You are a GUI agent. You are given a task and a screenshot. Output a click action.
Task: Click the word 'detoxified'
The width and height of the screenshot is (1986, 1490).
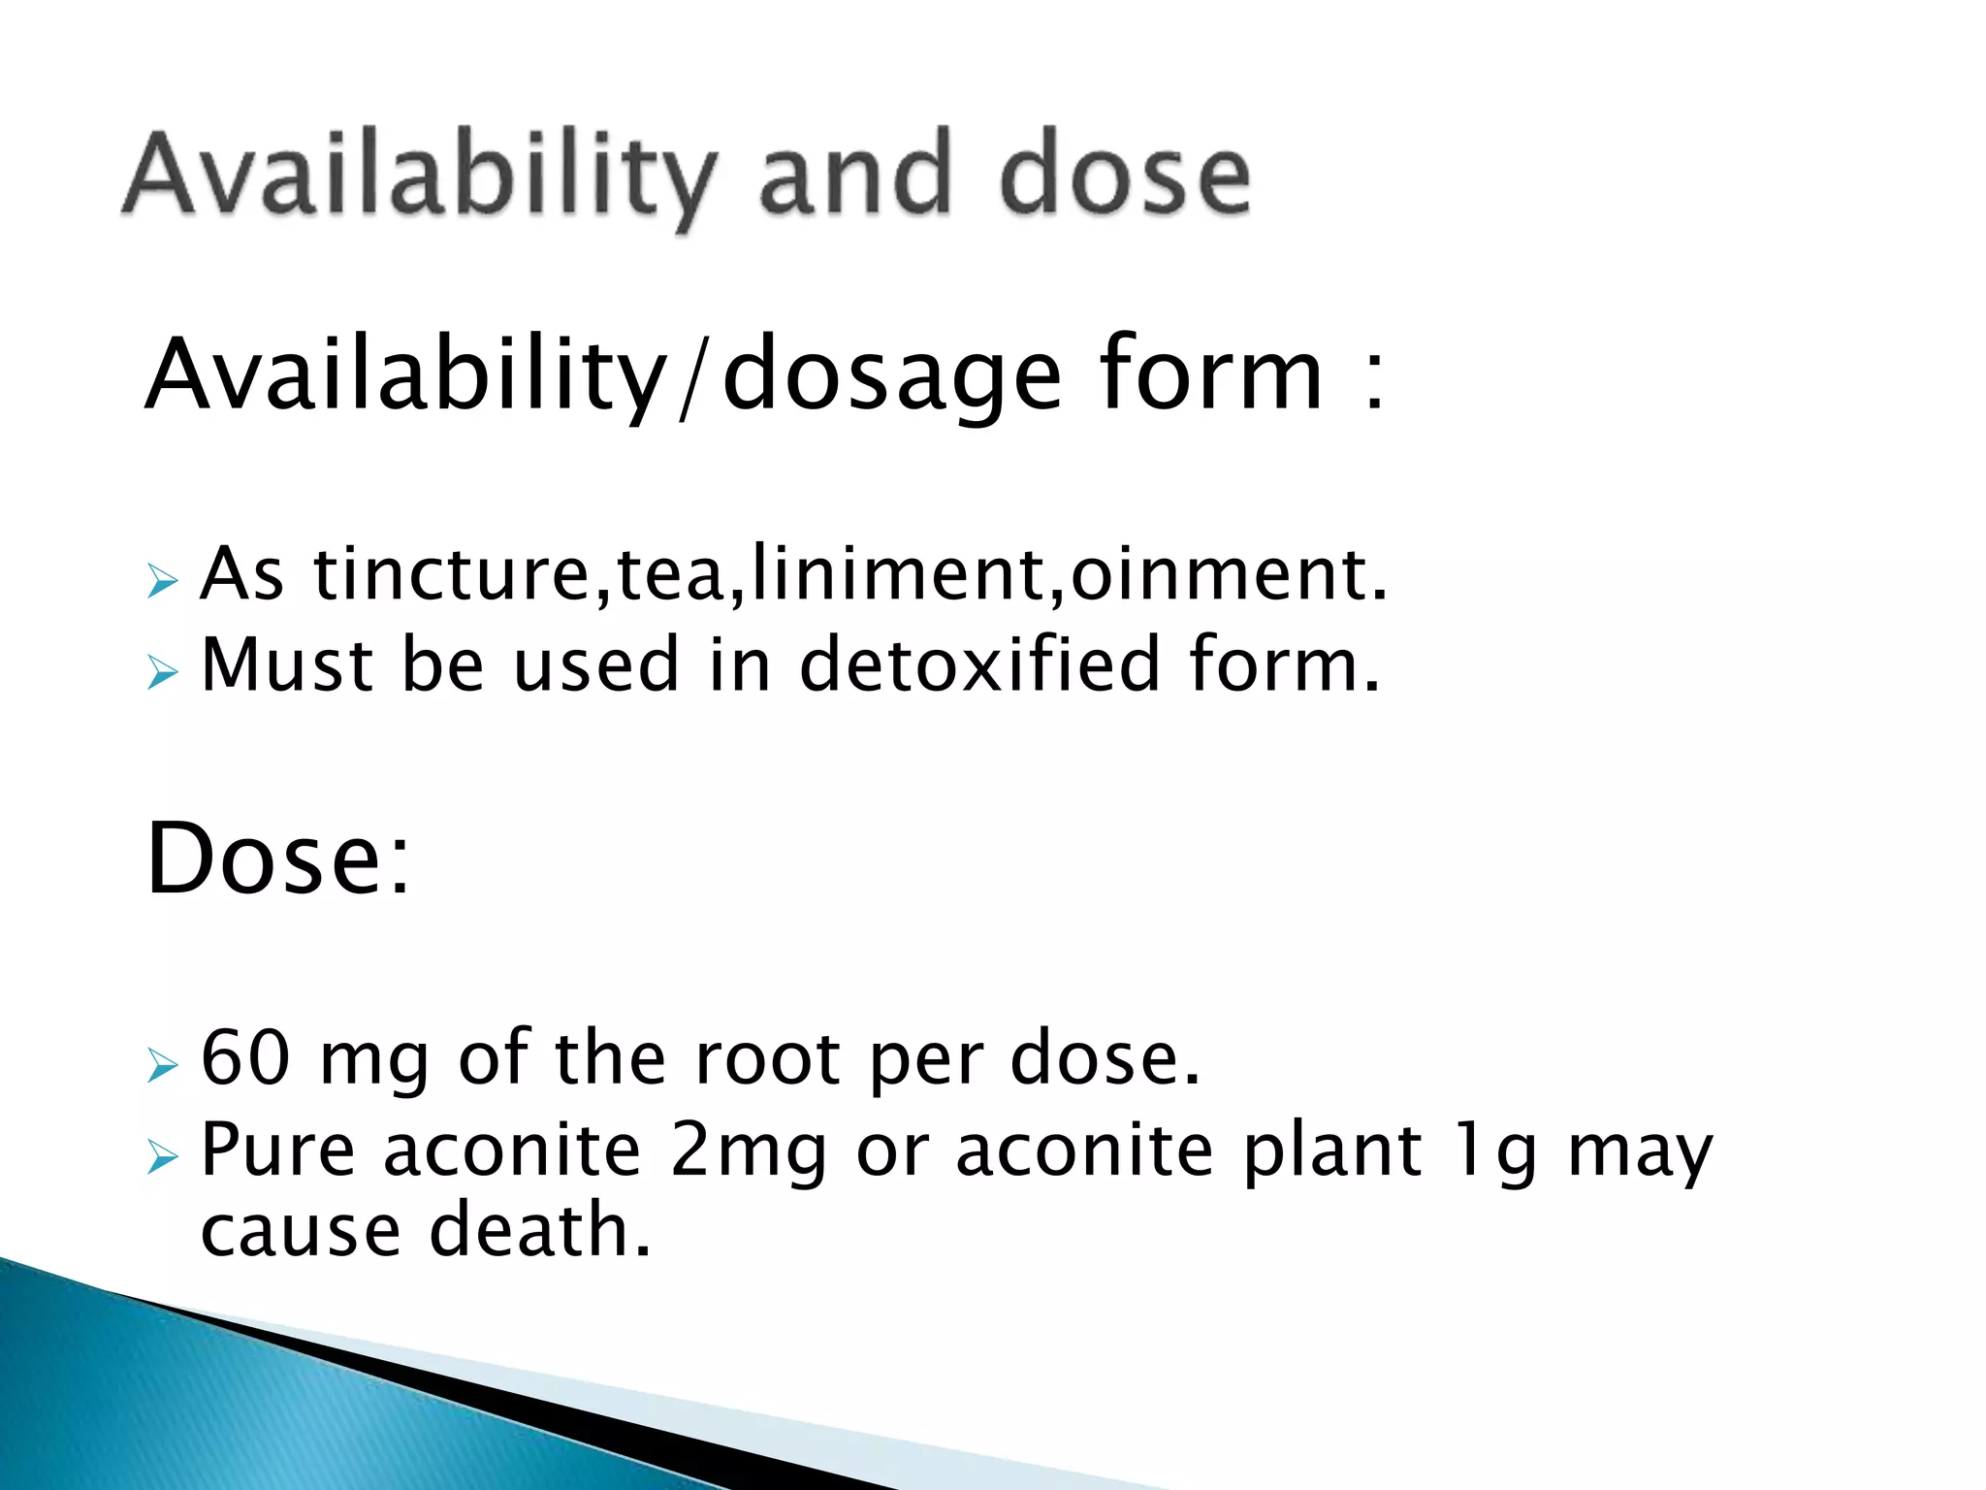click(979, 665)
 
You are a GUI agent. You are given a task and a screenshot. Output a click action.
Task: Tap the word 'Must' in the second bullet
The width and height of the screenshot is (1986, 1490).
click(287, 665)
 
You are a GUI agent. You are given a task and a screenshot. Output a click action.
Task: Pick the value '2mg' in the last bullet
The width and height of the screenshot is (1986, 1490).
click(748, 1150)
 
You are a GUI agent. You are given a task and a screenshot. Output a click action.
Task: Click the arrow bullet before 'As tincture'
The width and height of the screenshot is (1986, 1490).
click(163, 582)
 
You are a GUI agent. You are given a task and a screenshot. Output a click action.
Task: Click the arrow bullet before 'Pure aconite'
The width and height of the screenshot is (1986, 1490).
click(163, 1157)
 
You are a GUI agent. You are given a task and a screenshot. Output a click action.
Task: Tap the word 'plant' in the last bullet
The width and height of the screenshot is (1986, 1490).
click(1332, 1152)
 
